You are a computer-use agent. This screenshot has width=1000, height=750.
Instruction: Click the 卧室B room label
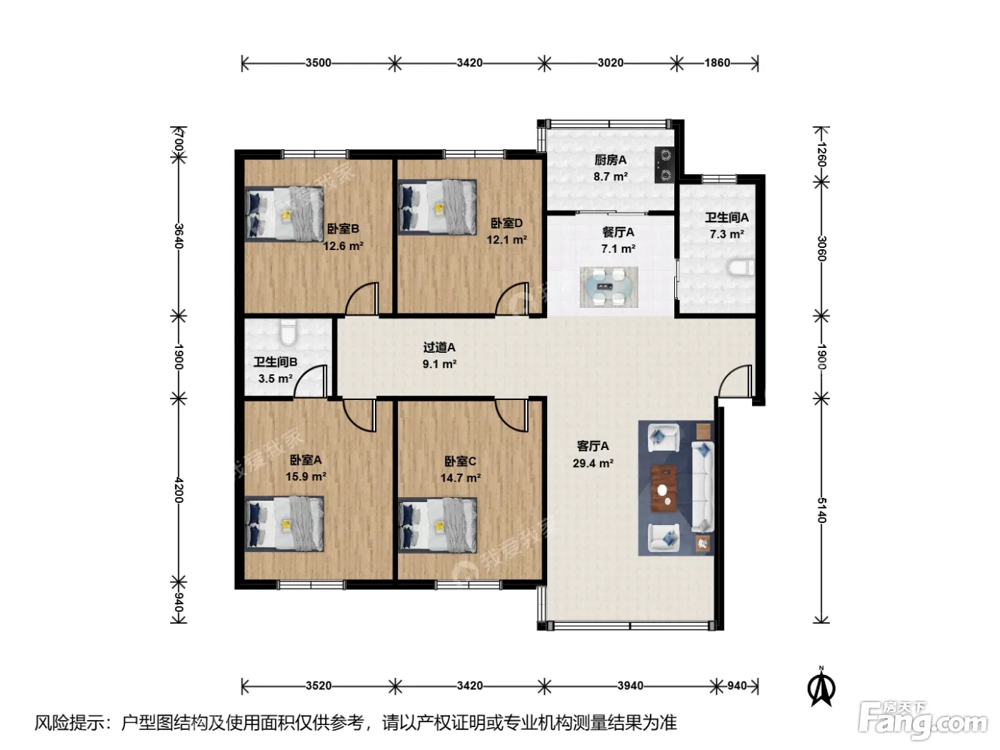[343, 228]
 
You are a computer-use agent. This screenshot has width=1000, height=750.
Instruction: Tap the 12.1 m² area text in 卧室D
[506, 239]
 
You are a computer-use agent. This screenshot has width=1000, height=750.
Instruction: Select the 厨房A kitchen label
[610, 160]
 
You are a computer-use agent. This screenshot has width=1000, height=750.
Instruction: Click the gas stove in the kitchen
[665, 165]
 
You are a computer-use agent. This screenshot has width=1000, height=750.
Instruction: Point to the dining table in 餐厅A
[609, 287]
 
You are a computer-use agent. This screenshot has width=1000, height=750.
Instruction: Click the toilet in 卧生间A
[741, 267]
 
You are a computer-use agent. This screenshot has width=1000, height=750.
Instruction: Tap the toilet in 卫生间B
[288, 332]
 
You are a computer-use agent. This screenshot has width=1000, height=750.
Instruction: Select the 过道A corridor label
[439, 347]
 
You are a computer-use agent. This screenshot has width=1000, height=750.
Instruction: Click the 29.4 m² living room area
[592, 463]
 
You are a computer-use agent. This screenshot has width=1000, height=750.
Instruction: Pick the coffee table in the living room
[664, 488]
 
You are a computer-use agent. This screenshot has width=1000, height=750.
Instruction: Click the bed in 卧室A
[284, 524]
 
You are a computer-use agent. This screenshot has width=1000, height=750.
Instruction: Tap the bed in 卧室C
[438, 525]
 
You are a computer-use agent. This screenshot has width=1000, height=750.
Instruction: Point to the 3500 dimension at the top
[318, 63]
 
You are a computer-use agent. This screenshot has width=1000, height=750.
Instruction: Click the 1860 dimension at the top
[717, 63]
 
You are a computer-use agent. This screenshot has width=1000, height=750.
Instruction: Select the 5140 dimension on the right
[821, 510]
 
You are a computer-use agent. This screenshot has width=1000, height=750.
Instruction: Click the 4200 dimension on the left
[179, 490]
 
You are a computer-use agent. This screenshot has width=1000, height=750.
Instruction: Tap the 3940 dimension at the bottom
[630, 685]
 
